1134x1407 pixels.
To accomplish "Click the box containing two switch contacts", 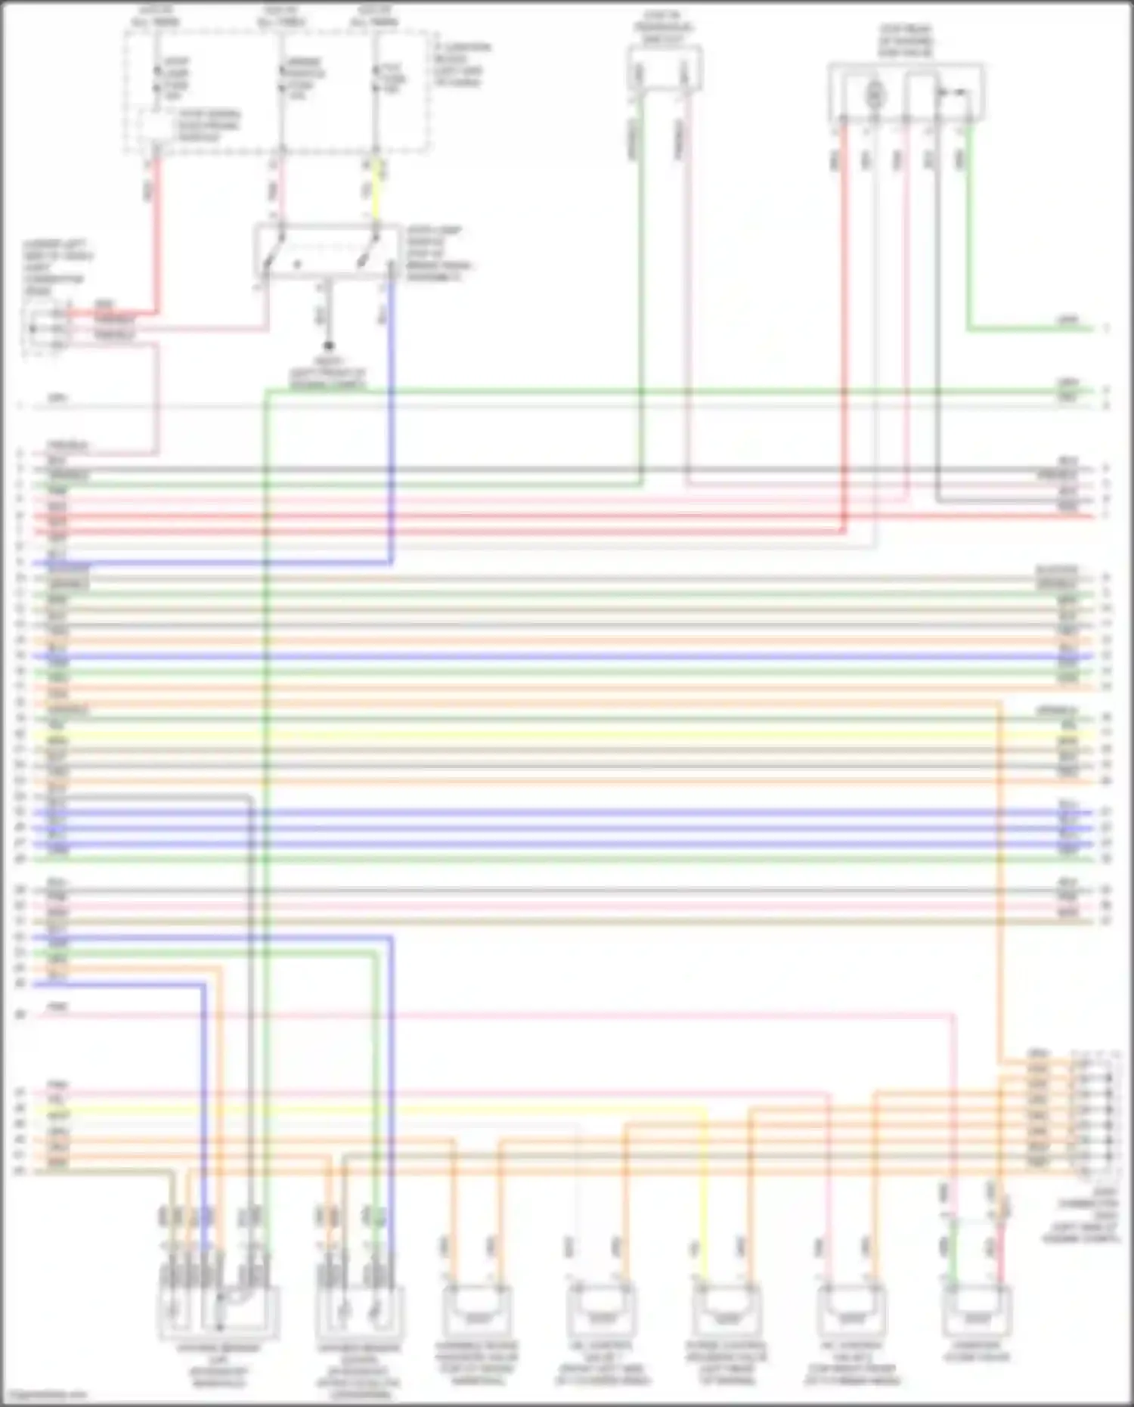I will coord(327,252).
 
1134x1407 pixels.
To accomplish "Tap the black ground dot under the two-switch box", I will coord(328,347).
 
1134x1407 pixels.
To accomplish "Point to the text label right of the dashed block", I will coord(461,64).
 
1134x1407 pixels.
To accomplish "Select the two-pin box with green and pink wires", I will coord(664,70).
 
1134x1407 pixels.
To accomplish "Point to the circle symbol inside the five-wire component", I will coord(874,94).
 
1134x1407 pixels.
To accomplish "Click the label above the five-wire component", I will coord(906,39).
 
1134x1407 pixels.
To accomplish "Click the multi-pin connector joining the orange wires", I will coord(1095,1111).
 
